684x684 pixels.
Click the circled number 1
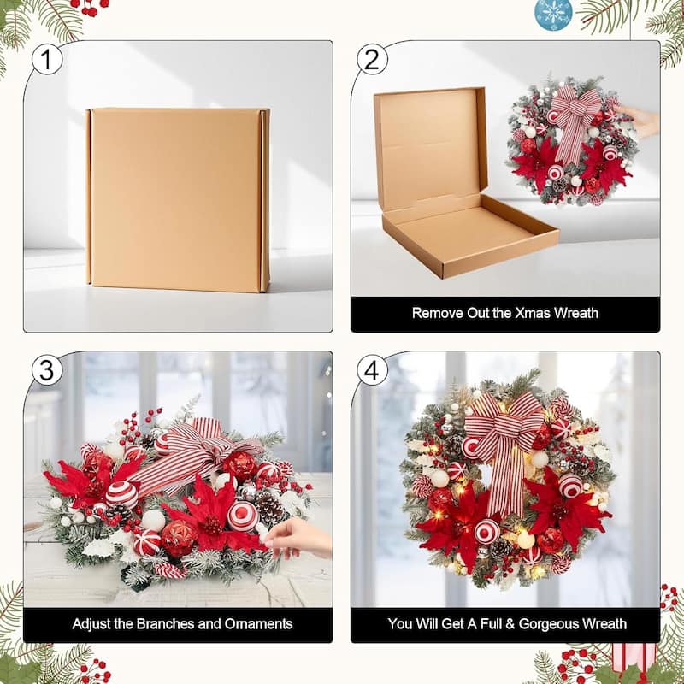pyautogui.click(x=47, y=60)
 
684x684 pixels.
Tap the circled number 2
pyautogui.click(x=372, y=60)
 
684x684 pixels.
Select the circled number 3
pyautogui.click(x=47, y=370)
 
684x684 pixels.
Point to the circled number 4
pyautogui.click(x=372, y=370)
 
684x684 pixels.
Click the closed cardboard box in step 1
pyautogui.click(x=178, y=200)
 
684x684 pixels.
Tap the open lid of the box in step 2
pyautogui.click(x=431, y=144)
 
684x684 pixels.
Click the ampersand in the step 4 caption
pyautogui.click(x=510, y=624)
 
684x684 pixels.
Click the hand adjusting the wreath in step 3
pyautogui.click(x=297, y=539)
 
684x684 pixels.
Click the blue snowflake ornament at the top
pyautogui.click(x=553, y=13)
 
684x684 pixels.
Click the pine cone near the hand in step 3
pyautogui.click(x=269, y=506)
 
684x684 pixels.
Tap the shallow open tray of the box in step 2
pyautogui.click(x=471, y=236)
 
